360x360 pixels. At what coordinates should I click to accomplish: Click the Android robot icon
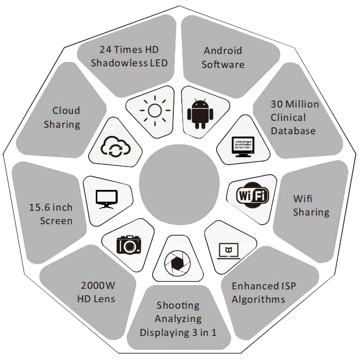pyautogui.click(x=200, y=113)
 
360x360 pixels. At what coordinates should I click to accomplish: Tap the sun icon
pyautogui.click(x=155, y=111)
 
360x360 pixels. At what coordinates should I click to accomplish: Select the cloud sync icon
pyautogui.click(x=116, y=146)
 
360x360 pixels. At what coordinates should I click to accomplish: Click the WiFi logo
pyautogui.click(x=252, y=195)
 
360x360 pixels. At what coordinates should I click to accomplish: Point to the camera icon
pyautogui.click(x=129, y=245)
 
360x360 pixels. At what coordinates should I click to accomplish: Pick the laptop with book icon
pyautogui.click(x=229, y=251)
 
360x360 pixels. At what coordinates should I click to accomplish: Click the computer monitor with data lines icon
pyautogui.click(x=243, y=147)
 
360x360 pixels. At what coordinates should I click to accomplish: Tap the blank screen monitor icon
pyautogui.click(x=106, y=200)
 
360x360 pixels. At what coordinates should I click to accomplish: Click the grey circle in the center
pyautogui.click(x=179, y=185)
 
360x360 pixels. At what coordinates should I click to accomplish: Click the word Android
pyautogui.click(x=223, y=51)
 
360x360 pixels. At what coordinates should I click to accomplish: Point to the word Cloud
pyautogui.click(x=66, y=110)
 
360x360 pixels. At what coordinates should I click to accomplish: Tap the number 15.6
pyautogui.click(x=40, y=208)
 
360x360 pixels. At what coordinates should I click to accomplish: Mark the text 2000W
pyautogui.click(x=98, y=286)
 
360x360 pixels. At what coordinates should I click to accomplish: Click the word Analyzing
pyautogui.click(x=178, y=319)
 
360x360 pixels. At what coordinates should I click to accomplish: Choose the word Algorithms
pyautogui.click(x=258, y=300)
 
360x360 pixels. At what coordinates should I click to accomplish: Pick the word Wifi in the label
pyautogui.click(x=303, y=198)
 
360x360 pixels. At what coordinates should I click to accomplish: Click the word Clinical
pyautogui.click(x=288, y=118)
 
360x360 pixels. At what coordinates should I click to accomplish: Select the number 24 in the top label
pyautogui.click(x=105, y=50)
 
